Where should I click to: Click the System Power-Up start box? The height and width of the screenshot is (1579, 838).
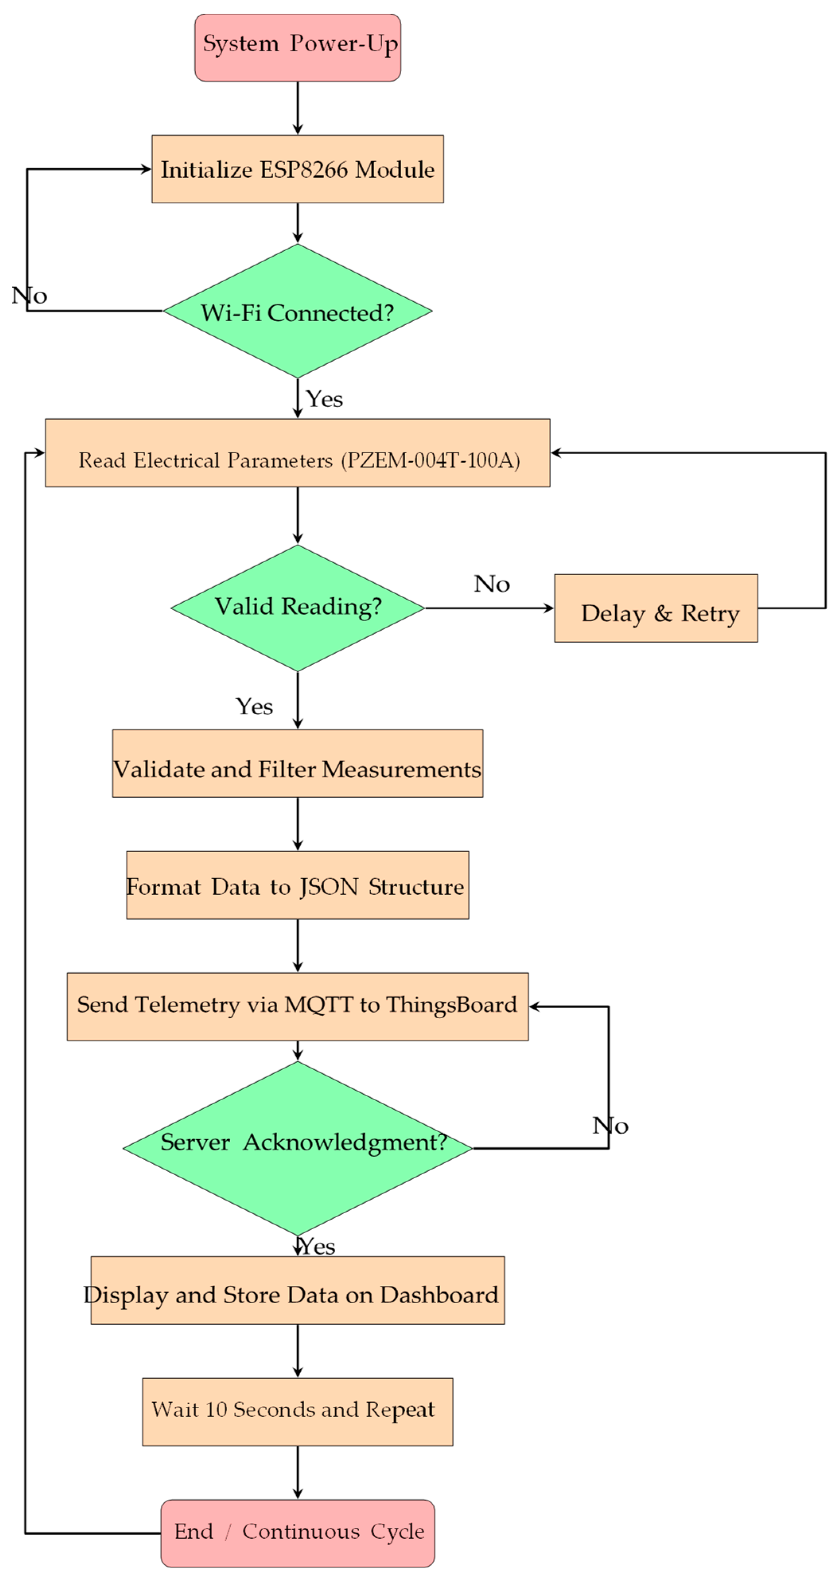[298, 47]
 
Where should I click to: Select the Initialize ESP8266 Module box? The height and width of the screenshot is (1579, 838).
[298, 169]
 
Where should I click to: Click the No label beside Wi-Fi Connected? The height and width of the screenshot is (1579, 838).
[29, 295]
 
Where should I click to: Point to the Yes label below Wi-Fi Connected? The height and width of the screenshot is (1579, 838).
[324, 399]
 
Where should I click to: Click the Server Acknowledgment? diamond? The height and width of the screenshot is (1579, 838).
[298, 1148]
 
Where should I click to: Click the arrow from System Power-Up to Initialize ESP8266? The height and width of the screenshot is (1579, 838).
[298, 108]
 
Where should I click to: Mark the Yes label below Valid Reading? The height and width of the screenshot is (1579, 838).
[254, 706]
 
